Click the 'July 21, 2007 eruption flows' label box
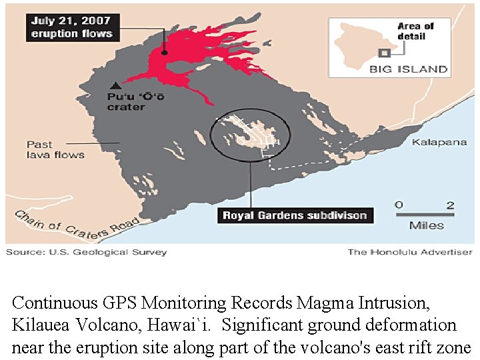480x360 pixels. [73, 27]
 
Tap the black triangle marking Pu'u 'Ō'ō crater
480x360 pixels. [116, 85]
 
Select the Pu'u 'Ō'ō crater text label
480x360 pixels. [136, 102]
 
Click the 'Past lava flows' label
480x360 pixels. [55, 149]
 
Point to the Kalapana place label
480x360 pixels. [439, 143]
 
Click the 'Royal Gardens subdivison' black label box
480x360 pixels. [295, 215]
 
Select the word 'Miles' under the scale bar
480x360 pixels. [427, 225]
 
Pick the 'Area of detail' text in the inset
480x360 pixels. [415, 31]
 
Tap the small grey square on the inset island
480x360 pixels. [383, 53]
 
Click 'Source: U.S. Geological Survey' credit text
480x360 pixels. [87, 252]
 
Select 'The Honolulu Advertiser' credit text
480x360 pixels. [409, 252]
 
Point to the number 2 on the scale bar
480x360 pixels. [451, 205]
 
